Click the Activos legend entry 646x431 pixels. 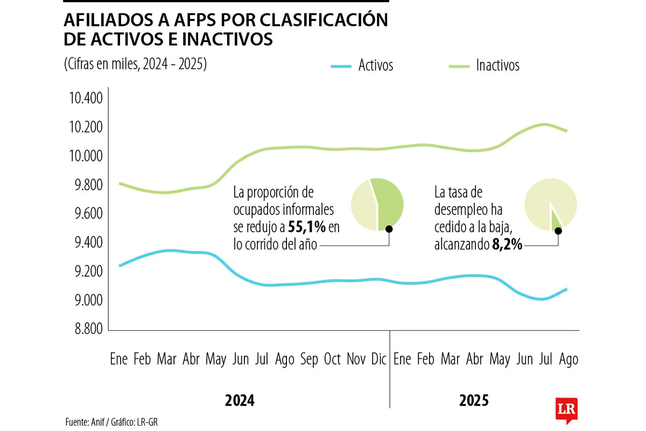coord(375,66)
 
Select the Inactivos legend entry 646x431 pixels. coord(497,66)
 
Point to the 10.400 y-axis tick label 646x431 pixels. coord(85,99)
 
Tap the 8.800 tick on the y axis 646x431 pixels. coord(85,329)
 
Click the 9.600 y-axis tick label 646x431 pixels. coord(85,214)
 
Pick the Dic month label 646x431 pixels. coord(379,359)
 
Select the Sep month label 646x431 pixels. coord(309,359)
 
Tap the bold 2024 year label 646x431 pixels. coord(239,401)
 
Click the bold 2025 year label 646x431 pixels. coord(474,401)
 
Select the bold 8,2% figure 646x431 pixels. coord(507,245)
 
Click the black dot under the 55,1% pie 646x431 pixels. coord(389,229)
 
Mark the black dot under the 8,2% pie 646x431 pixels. coord(558,231)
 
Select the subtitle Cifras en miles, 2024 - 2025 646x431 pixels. coord(135,64)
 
